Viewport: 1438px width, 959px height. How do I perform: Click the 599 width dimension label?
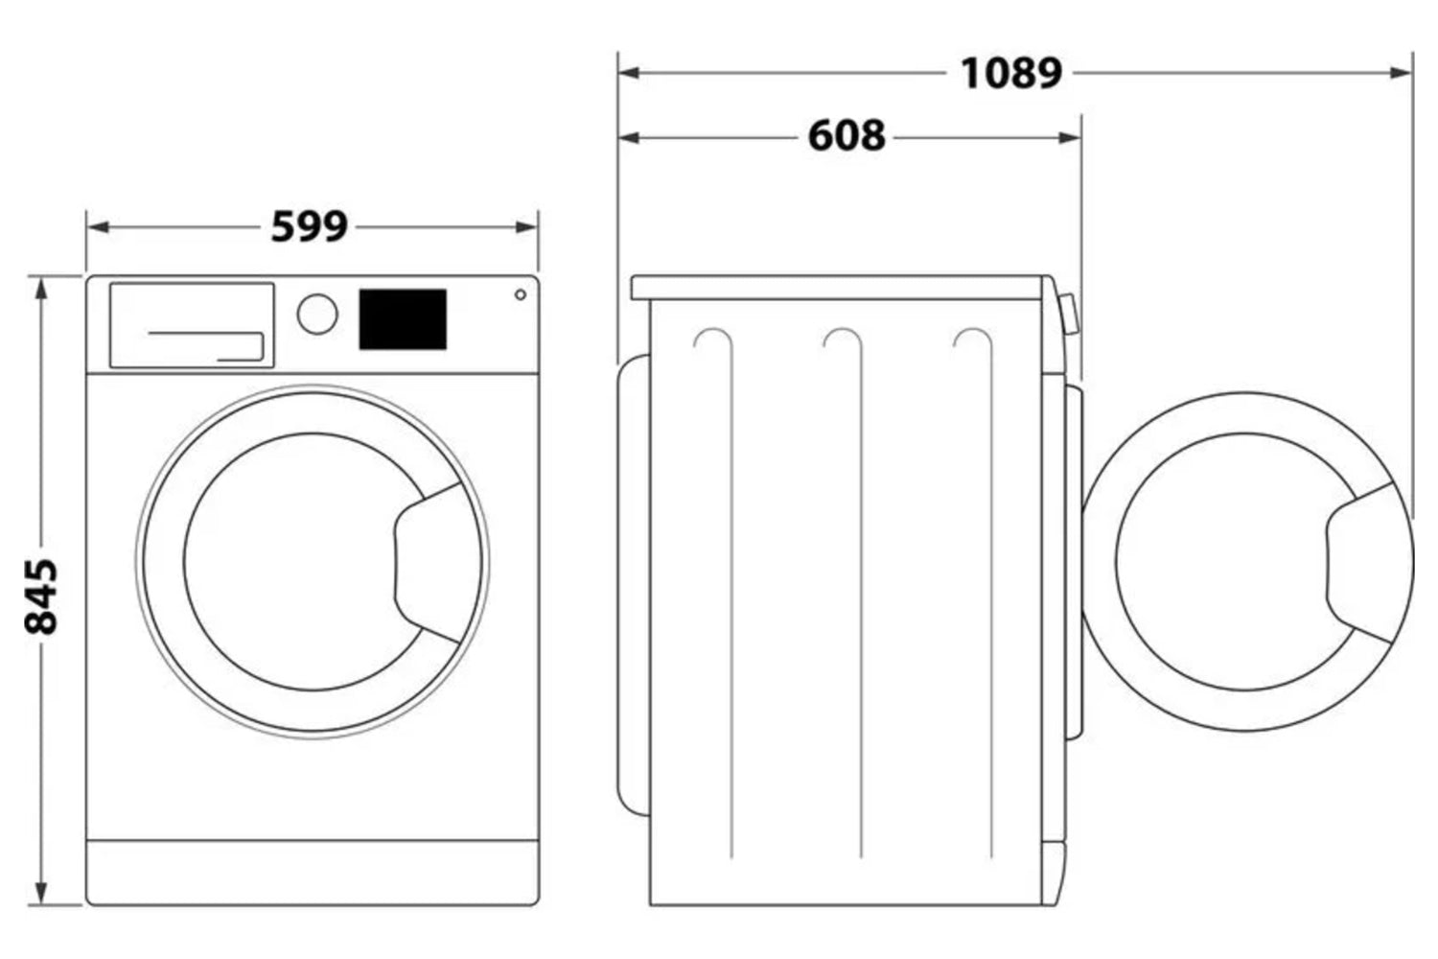[x=310, y=226]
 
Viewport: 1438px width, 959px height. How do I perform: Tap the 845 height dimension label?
[x=41, y=596]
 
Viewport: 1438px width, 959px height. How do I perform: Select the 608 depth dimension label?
[x=847, y=136]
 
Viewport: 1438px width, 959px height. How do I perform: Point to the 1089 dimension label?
[x=1011, y=73]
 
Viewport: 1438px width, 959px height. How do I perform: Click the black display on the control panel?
[x=403, y=319]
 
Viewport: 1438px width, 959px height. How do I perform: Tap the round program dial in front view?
[x=317, y=315]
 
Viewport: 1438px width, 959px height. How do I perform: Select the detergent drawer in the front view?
[x=192, y=325]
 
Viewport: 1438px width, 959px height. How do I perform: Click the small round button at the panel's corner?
[x=521, y=294]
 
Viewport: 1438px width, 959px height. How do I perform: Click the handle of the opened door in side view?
[x=1362, y=563]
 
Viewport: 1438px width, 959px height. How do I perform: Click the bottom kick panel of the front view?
[x=313, y=872]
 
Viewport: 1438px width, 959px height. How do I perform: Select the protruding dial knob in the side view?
[x=1069, y=315]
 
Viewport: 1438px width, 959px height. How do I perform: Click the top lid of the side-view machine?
[x=838, y=288]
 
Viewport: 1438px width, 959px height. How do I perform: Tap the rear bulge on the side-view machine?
[x=634, y=585]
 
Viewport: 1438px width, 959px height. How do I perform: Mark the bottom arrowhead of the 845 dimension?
[x=41, y=894]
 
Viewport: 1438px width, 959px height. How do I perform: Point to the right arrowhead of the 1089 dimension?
[x=1401, y=73]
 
